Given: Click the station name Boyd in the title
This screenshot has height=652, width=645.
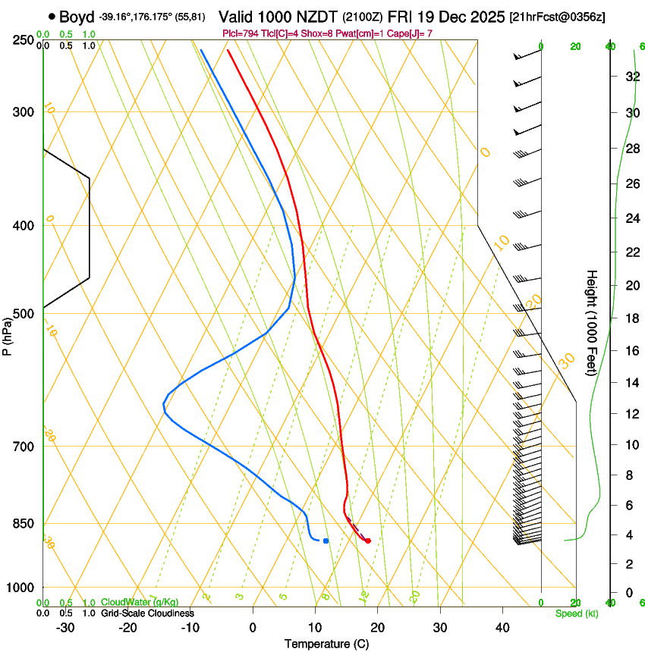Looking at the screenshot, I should pos(77,16).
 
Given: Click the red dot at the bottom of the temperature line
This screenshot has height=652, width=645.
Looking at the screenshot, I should pos(368,541).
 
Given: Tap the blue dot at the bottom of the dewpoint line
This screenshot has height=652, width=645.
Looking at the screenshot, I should pos(326,541).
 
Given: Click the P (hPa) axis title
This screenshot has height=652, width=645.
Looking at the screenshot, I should pos(7,334).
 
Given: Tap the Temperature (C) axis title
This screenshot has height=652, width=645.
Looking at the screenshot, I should pos(326,644).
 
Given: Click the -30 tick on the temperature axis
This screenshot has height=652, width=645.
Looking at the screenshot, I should pos(65,628).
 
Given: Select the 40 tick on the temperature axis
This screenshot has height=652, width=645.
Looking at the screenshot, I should pos(502,628).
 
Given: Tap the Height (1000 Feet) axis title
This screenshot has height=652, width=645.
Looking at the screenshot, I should pos(592,322).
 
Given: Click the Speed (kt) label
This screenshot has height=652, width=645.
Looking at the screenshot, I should pos(576,613).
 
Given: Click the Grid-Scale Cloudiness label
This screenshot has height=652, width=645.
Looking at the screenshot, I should pos(147,613).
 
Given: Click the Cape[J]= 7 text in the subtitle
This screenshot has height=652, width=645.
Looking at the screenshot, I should pos(414,33).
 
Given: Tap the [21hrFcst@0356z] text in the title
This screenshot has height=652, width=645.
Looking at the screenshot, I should pos(557,17).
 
